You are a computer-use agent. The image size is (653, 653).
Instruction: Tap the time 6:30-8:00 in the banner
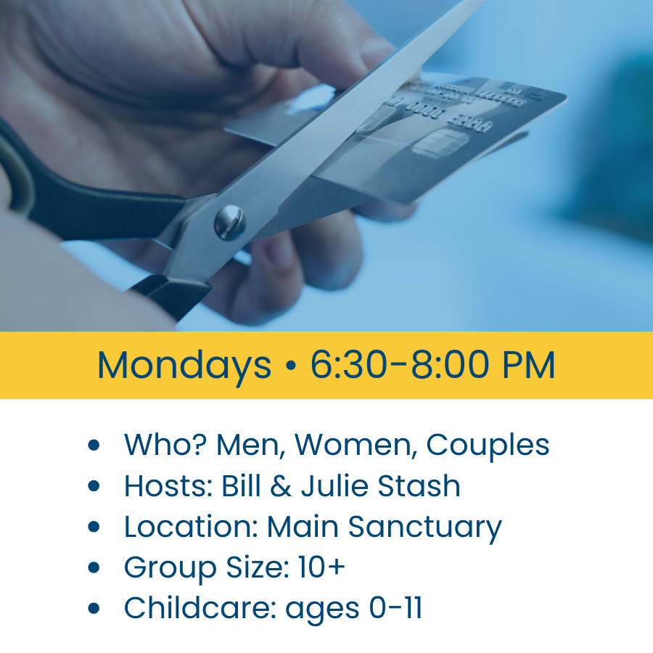400,365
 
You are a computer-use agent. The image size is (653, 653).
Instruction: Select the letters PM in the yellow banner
529,365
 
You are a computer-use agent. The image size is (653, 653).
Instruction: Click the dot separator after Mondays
291,365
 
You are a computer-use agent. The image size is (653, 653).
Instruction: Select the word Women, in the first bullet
356,445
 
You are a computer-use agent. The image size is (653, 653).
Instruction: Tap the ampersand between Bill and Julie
281,485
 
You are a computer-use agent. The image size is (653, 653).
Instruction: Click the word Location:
191,527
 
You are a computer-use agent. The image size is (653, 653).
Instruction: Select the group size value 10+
322,567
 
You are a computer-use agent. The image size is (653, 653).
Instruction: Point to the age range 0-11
395,608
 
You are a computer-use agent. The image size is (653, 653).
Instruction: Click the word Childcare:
200,608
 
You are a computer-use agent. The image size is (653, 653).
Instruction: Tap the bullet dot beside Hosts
94,485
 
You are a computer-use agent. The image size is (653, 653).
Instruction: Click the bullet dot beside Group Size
94,567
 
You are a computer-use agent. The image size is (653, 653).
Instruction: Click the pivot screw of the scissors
230,223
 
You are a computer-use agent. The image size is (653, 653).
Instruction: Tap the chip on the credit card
440,143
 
